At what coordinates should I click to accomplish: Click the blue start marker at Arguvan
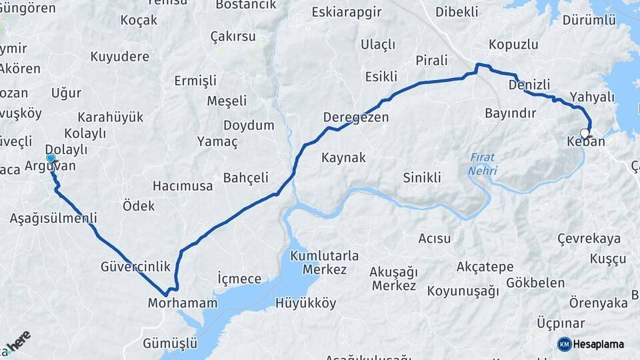[x=50, y=158]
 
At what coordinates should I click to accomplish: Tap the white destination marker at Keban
[x=585, y=133]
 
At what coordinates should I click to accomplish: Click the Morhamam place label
[x=183, y=303]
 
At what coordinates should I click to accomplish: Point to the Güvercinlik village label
[x=135, y=266]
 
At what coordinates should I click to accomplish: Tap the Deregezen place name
[x=355, y=117]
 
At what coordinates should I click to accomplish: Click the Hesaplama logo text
[x=598, y=344]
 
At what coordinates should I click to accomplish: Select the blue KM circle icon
[x=564, y=344]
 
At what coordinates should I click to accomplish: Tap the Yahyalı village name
[x=592, y=97]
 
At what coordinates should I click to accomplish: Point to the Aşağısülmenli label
[x=53, y=218]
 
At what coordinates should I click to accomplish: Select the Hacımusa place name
[x=182, y=185]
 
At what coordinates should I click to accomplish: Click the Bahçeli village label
[x=245, y=178]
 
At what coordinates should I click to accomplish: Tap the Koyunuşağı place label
[x=463, y=291]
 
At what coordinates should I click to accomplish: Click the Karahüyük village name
[x=110, y=117]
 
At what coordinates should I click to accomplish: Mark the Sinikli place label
[x=422, y=178]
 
